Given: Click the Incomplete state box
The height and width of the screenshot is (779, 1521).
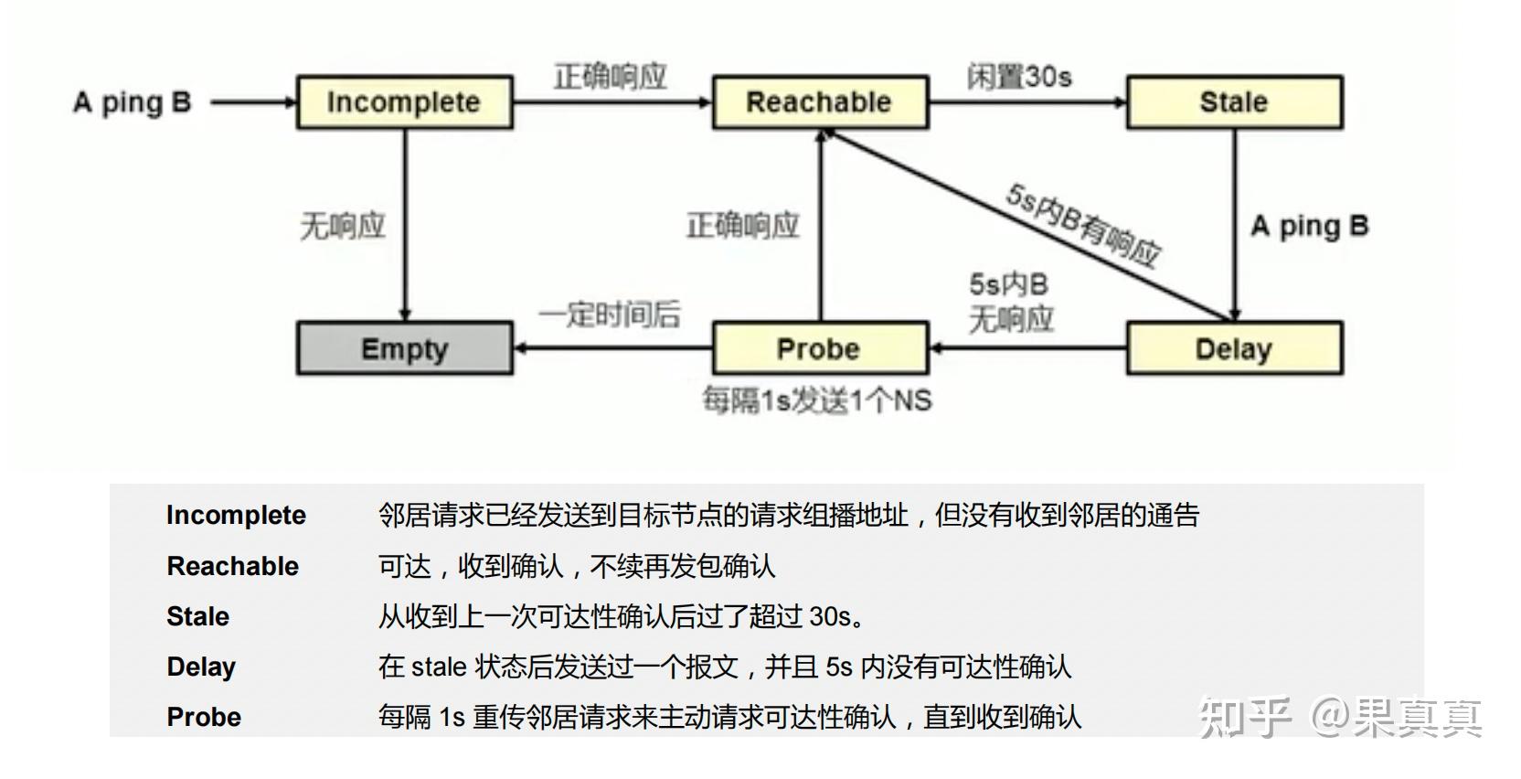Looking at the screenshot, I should coord(404,102).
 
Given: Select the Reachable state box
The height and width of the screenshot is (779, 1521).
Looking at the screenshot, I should coord(819,102).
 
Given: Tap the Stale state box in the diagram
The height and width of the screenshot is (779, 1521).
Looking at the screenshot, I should coord(1234,102).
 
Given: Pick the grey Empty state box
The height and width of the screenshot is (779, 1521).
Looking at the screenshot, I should coord(404,348).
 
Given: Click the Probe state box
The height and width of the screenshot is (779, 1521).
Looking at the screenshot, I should coord(819,348).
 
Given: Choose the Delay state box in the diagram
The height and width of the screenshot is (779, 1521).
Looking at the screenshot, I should coord(1234,348).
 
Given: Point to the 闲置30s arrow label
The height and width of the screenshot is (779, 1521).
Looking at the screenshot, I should coord(1019,77).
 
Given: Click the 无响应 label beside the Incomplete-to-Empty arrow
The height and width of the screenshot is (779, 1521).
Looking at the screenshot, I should coord(343,225).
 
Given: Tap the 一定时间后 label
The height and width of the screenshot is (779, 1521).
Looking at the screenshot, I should coord(610,315).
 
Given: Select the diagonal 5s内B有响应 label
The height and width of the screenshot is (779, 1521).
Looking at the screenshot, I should coord(1083,224).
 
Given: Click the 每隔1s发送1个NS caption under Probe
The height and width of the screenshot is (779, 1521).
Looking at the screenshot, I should coord(817,400).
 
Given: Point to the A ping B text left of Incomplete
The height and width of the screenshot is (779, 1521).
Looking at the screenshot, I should coord(133,102).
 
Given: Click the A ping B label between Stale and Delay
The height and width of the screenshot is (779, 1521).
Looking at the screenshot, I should coord(1309,225).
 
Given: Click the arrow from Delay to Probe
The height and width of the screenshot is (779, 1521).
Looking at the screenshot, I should coord(1027,348).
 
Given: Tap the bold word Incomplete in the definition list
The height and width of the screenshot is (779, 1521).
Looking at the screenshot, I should coord(236,515).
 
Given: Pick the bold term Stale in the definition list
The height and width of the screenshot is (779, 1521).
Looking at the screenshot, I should coord(197,616).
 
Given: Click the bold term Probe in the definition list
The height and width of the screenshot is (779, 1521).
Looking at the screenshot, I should coord(204,717).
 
